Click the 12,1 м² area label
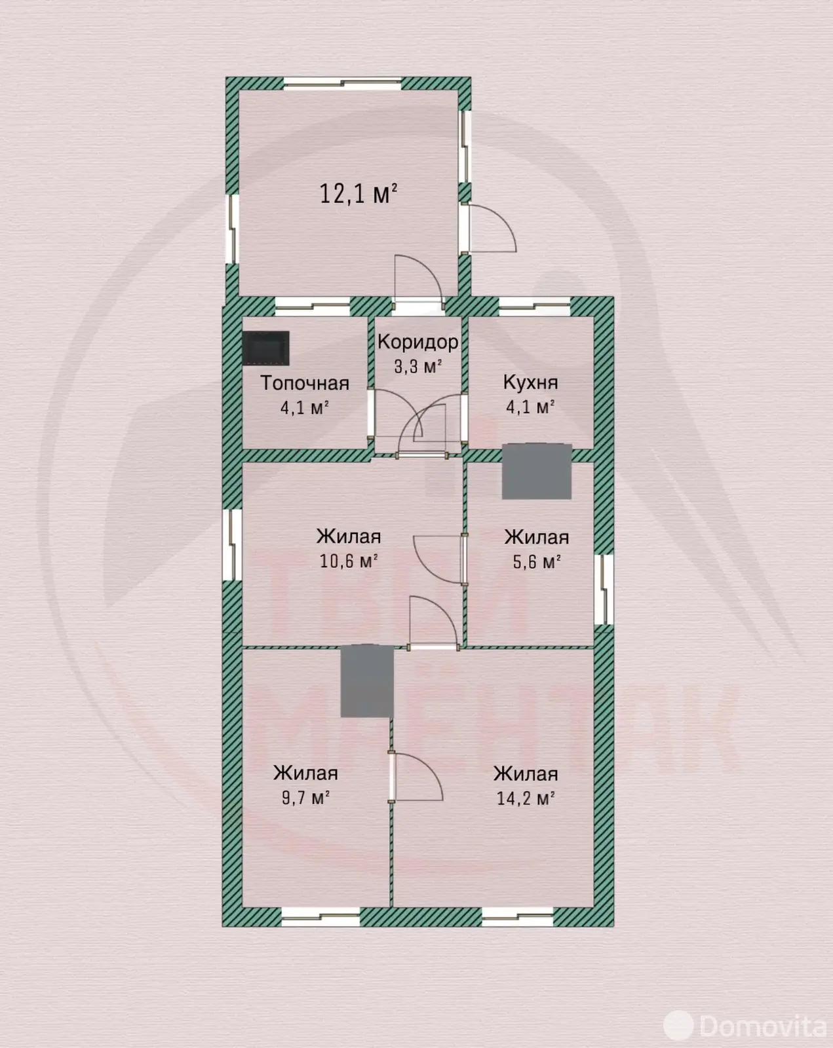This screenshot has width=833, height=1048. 358,193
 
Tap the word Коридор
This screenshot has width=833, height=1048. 417,342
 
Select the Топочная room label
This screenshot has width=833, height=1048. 305,383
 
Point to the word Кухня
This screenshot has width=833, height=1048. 530,383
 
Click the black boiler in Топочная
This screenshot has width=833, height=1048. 265,348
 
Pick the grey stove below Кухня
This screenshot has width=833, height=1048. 537,471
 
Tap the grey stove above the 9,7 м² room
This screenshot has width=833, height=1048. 366,681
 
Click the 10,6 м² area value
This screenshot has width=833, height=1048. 349,561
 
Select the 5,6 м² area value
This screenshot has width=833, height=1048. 537,562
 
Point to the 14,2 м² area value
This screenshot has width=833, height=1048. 526,798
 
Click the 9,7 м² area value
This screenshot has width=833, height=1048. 305,798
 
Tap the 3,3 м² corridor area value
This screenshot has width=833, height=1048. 417,366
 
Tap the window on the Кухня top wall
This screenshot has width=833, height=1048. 535,306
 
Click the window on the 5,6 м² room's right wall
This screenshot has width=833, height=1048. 604,589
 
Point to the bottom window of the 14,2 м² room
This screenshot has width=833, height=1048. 518,916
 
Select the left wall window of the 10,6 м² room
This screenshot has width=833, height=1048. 233,544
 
